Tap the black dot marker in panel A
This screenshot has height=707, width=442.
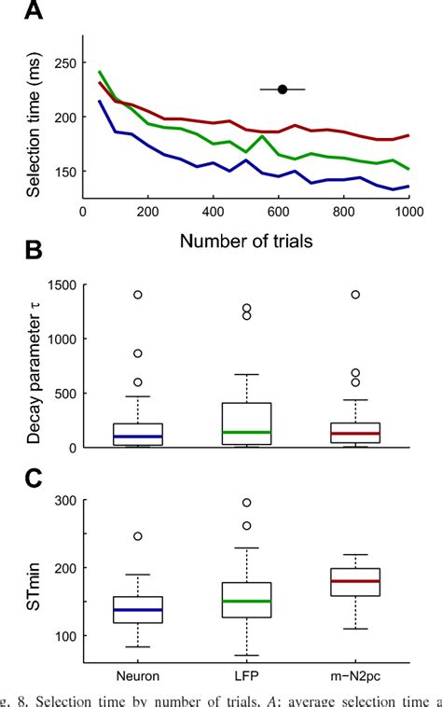point(283,90)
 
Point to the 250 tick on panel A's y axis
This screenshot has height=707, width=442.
point(64,62)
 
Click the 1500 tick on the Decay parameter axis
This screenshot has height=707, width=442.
point(61,284)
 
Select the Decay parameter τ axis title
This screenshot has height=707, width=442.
point(35,366)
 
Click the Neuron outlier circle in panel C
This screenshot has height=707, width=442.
point(136,536)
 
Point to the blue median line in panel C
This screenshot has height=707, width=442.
point(136,610)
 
